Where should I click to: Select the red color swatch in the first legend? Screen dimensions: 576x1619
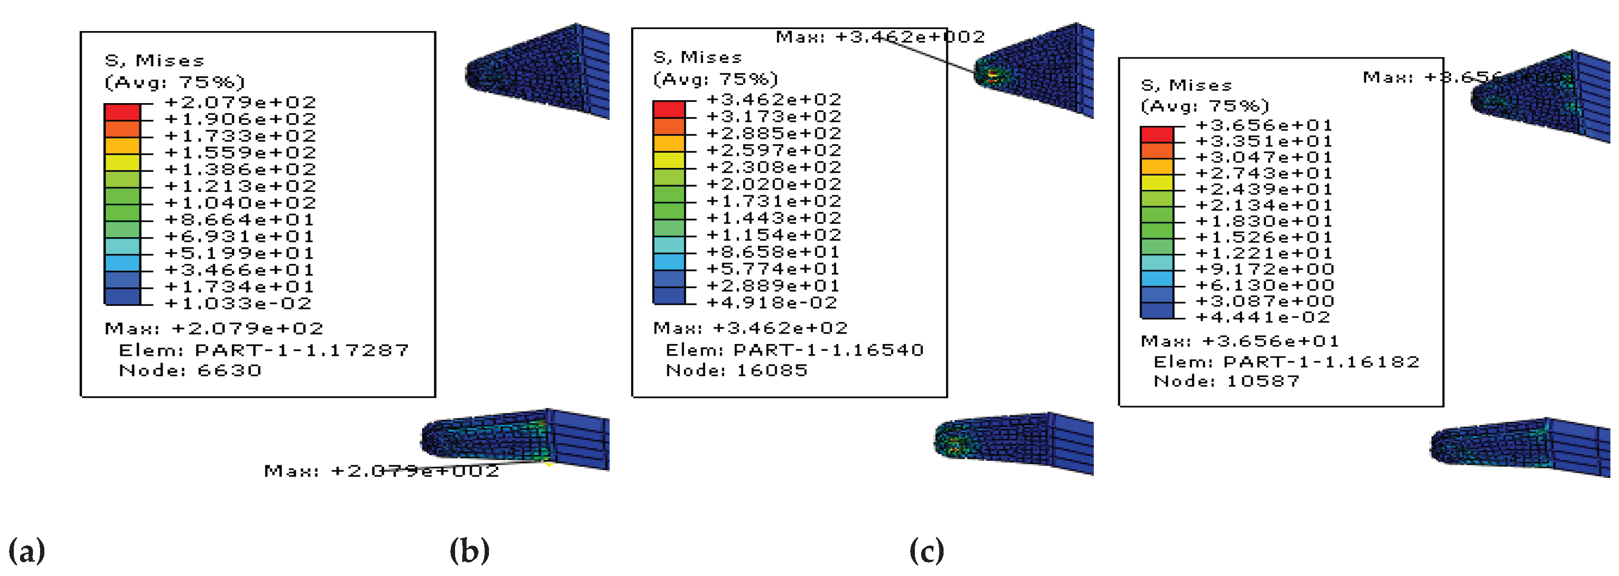[x=122, y=112]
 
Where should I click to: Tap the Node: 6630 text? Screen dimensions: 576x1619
[x=190, y=370]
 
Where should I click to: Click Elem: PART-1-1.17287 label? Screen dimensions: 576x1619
[x=263, y=350]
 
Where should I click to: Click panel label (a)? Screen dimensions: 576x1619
[x=26, y=552]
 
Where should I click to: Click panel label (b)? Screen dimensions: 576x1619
[x=469, y=552]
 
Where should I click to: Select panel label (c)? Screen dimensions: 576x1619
[x=926, y=552]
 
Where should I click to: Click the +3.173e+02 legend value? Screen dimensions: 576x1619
[x=774, y=117]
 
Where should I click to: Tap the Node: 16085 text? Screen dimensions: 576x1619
[x=737, y=370]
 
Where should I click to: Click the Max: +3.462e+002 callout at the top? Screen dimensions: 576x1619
[x=880, y=37]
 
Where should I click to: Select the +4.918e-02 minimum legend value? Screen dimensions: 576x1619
[x=772, y=303]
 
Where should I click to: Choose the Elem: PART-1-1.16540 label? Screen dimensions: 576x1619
[x=794, y=350]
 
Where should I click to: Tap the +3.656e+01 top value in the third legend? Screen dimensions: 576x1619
[x=1263, y=125]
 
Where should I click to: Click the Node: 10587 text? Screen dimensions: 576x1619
[x=1226, y=381]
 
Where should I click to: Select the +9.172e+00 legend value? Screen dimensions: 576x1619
[x=1265, y=270]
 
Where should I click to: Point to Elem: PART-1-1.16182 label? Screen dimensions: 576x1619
[x=1286, y=362]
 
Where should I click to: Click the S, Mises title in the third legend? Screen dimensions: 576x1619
[x=1186, y=85]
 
